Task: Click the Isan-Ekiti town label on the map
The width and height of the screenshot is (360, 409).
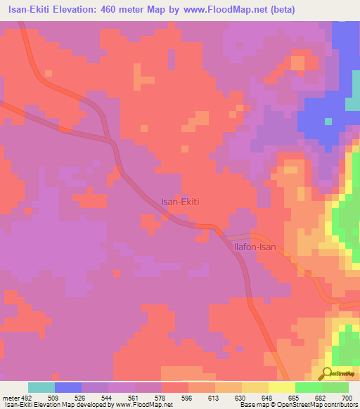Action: click(181, 202)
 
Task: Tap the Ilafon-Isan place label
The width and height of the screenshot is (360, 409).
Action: click(259, 247)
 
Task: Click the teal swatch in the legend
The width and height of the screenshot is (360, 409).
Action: click(41, 387)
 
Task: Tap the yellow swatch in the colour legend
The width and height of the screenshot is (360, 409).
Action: click(282, 387)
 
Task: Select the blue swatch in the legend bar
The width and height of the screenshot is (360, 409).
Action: click(68, 387)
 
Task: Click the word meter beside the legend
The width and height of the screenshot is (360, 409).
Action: click(9, 396)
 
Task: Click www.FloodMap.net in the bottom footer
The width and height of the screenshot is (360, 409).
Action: click(144, 405)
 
